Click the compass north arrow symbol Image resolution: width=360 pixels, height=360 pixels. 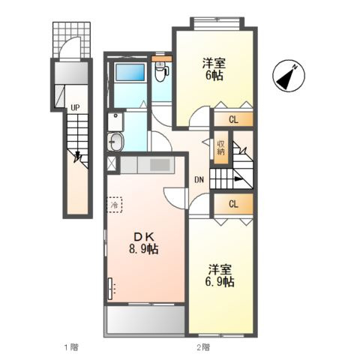click(289, 76)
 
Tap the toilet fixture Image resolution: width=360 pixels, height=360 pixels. click(160, 72)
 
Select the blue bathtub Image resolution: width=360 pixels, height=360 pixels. click(130, 72)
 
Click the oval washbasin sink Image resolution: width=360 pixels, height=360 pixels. click(115, 142)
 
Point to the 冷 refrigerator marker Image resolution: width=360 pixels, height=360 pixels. click(115, 205)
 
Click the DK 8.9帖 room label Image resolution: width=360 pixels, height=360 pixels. click(143, 242)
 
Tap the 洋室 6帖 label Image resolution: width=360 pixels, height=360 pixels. click(214, 69)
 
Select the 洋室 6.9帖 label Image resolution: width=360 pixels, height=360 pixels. click(220, 275)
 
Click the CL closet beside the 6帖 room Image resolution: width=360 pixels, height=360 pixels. click(233, 120)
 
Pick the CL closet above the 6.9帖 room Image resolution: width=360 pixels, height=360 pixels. click(233, 204)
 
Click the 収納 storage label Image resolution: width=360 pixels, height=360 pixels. click(220, 148)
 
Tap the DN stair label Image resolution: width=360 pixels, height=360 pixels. click(199, 179)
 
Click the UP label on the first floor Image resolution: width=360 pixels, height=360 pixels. click(75, 108)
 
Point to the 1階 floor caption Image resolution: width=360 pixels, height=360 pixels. click(72, 347)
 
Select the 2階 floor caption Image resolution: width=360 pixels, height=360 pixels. click(203, 347)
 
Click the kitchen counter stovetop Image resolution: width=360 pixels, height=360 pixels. click(160, 165)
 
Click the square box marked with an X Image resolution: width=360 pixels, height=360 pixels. click(112, 163)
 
